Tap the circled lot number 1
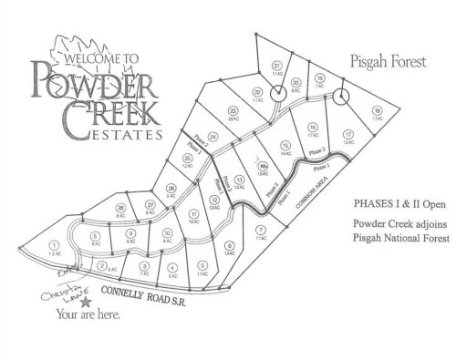pyautogui.click(x=57, y=245)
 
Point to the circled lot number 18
pyautogui.click(x=377, y=110)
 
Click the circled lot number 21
pyautogui.click(x=275, y=67)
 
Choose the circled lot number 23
pyautogui.click(x=233, y=110)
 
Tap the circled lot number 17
pyautogui.click(x=348, y=134)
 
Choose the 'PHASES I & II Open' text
pyautogui.click(x=391, y=196)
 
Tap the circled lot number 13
pyautogui.click(x=238, y=181)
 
